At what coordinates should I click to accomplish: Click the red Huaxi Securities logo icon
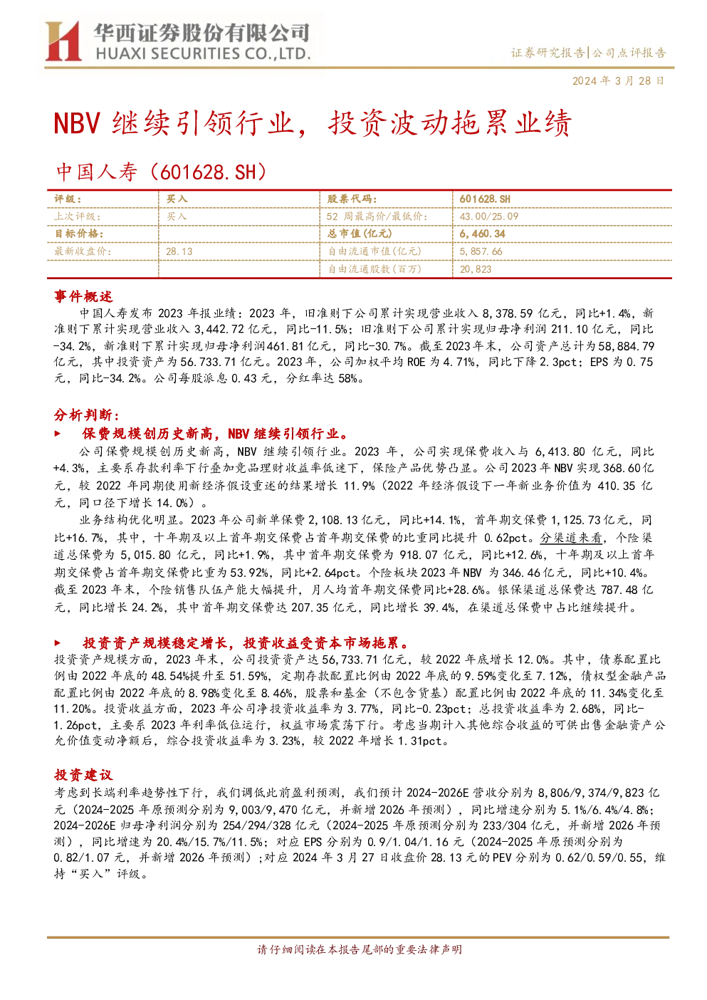[x=63, y=41]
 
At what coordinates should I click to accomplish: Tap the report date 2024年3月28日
[x=618, y=80]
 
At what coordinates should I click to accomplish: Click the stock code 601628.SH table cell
[x=485, y=199]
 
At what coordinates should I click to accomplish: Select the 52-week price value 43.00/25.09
[x=488, y=217]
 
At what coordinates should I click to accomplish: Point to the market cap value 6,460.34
[x=483, y=234]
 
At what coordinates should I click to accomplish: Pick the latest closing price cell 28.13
[x=179, y=252]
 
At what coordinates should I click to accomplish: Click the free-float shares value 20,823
[x=476, y=269]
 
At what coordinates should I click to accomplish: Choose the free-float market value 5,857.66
[x=481, y=252]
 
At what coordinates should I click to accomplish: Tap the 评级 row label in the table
[x=68, y=199]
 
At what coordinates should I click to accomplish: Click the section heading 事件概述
[x=83, y=296]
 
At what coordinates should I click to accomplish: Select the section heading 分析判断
[x=87, y=415]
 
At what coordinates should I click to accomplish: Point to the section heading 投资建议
[x=83, y=775]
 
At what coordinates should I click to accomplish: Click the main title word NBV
[x=76, y=123]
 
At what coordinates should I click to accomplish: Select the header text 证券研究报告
[x=548, y=53]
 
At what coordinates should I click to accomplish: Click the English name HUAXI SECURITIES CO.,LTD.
[x=204, y=54]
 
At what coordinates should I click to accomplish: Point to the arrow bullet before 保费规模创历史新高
[x=57, y=434]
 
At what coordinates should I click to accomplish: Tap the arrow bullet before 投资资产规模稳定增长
[x=57, y=643]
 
